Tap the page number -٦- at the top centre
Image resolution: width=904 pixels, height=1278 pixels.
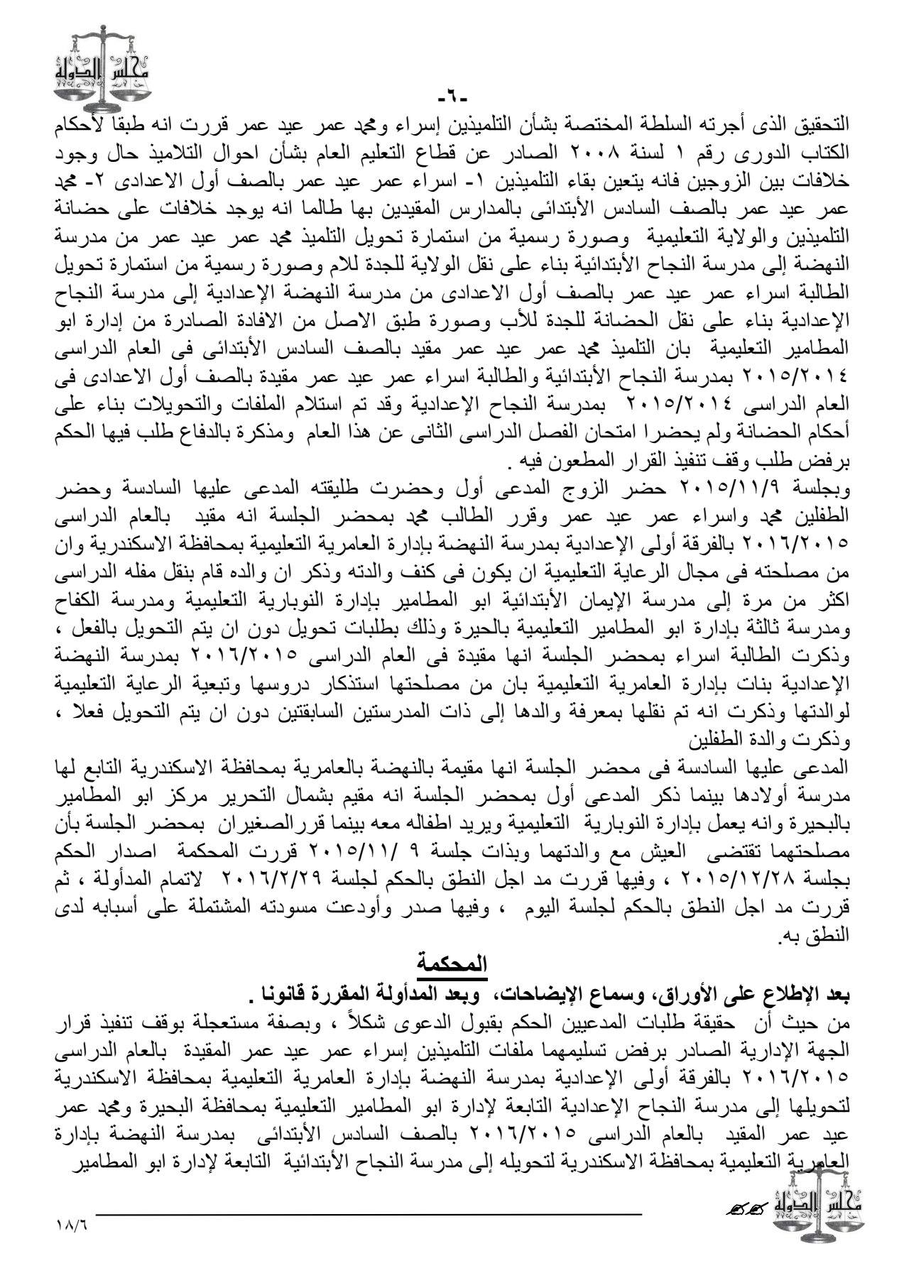point(451,94)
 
